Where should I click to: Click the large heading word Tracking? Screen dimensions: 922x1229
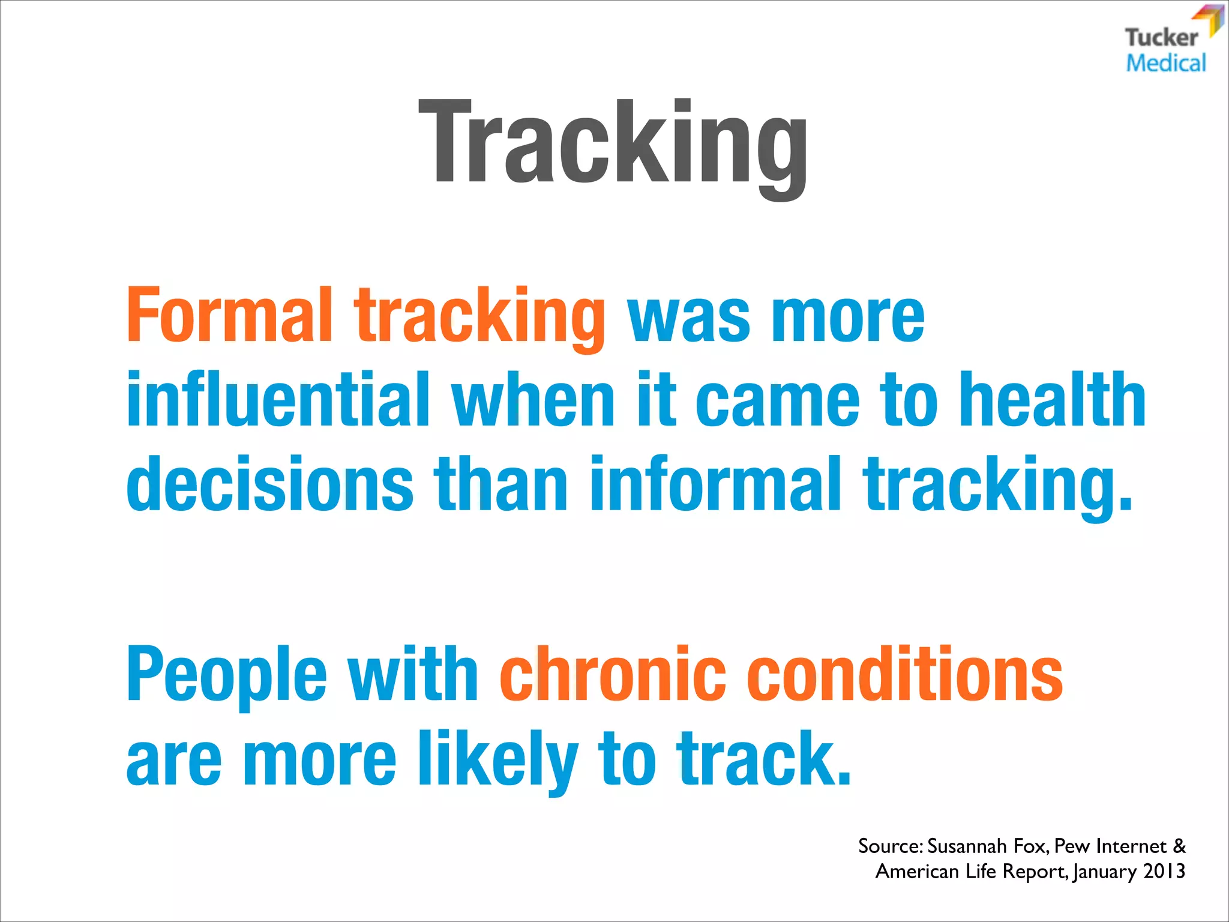[613, 144]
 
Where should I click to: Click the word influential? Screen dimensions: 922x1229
[278, 399]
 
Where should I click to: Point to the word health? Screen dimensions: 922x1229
[1053, 399]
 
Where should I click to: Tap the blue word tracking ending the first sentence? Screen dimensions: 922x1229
[996, 486]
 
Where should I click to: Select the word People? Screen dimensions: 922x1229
[227, 675]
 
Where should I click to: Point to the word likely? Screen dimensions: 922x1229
[498, 759]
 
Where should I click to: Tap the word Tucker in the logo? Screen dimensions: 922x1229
[1161, 38]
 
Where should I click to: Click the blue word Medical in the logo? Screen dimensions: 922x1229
[1165, 63]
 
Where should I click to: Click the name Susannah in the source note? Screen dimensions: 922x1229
[967, 846]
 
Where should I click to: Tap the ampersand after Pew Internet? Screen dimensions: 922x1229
[1179, 846]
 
